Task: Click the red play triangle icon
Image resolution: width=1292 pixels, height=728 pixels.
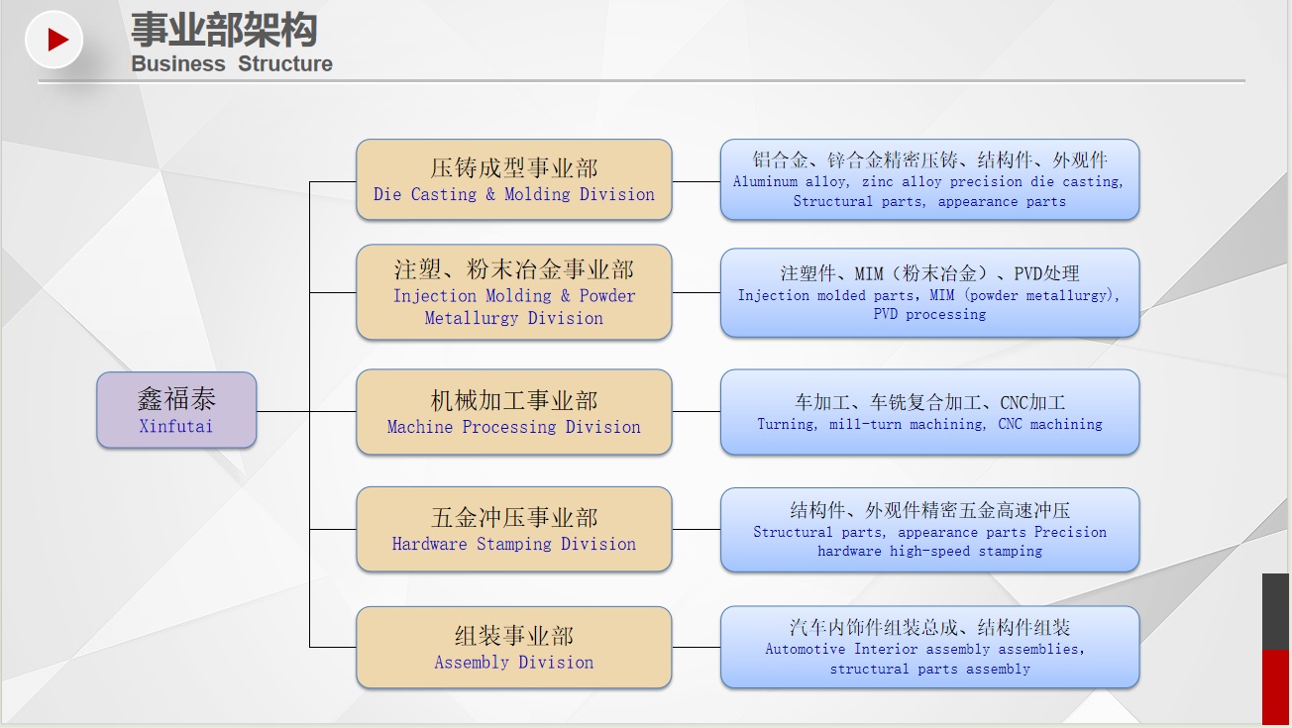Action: coord(57,40)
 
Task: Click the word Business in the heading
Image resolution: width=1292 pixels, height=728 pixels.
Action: coord(178,63)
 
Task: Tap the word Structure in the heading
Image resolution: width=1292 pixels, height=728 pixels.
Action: coord(285,63)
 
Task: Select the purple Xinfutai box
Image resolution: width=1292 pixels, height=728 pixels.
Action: coord(176,410)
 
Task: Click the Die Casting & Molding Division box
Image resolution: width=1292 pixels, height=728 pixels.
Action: coord(514,179)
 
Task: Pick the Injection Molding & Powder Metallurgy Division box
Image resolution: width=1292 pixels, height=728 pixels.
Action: coord(514,292)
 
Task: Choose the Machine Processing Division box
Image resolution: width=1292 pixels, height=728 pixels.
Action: coord(514,412)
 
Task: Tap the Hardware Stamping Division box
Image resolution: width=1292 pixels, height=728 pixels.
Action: coord(514,529)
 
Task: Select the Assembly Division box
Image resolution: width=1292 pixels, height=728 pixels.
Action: coord(514,648)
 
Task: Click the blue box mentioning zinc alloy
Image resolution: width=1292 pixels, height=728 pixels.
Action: coord(929,179)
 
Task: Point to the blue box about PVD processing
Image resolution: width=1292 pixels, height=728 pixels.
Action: coord(929,293)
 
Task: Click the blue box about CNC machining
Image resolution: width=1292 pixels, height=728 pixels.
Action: coord(929,412)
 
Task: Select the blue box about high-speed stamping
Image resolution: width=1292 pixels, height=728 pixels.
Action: coord(929,530)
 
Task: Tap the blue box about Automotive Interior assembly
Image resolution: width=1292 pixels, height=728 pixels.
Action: coord(929,648)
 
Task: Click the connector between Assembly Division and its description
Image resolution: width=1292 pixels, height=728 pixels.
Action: coord(697,648)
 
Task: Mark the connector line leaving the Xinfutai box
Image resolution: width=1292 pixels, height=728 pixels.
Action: coord(282,412)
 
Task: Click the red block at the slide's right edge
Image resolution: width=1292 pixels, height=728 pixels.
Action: coord(1275,686)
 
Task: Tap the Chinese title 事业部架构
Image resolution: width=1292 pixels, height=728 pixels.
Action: coord(224,30)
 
